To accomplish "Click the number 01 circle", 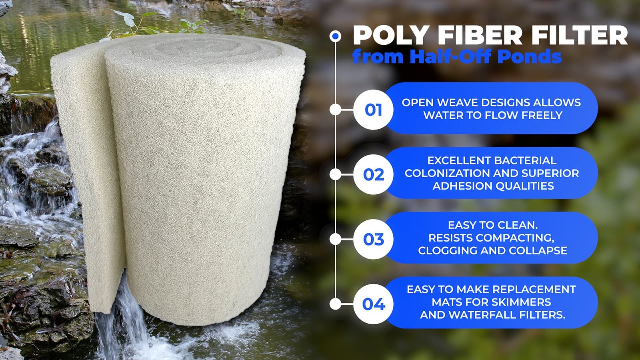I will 373,110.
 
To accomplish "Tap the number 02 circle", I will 373,174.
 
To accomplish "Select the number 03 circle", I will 373,239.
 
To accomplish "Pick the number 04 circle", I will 373,304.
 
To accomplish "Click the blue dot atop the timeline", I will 336,36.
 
